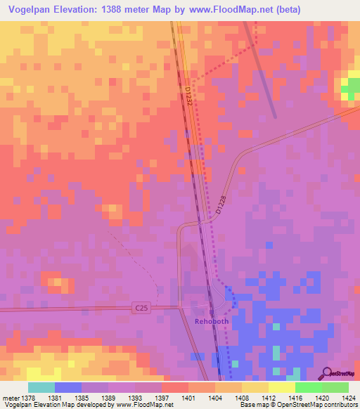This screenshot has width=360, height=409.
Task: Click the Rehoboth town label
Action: [x=212, y=321]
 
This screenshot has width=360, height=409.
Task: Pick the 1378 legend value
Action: [x=27, y=397]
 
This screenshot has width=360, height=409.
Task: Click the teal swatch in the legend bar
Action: [x=41, y=387]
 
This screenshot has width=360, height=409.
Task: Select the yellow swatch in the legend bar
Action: [x=281, y=387]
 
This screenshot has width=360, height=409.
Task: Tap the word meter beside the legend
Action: [x=10, y=397]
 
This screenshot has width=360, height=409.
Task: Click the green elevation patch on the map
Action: [x=349, y=87]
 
